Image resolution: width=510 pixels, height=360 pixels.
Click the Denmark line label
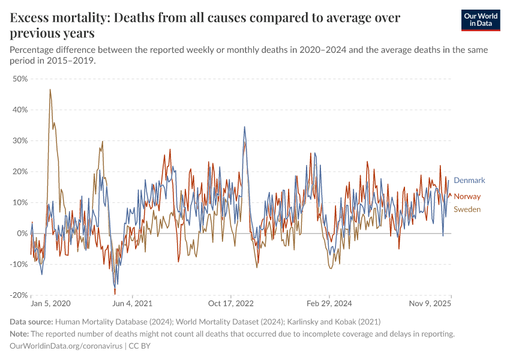tap(469, 180)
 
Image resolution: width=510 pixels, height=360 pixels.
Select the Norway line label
tap(467, 196)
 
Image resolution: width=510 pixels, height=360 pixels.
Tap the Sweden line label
tap(467, 209)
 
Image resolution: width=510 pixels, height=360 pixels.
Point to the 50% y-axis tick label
tap(20, 79)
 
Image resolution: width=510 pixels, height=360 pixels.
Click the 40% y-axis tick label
tap(20, 110)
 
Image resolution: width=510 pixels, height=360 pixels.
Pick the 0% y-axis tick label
tap(23, 233)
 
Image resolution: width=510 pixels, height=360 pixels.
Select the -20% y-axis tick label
tap(20, 295)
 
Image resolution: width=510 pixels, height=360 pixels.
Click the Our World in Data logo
tap(480, 20)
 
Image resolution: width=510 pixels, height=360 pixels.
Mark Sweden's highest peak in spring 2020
tap(50, 90)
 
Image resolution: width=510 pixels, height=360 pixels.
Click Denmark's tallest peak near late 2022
tap(244, 127)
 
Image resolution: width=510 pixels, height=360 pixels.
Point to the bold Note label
tap(21, 334)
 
